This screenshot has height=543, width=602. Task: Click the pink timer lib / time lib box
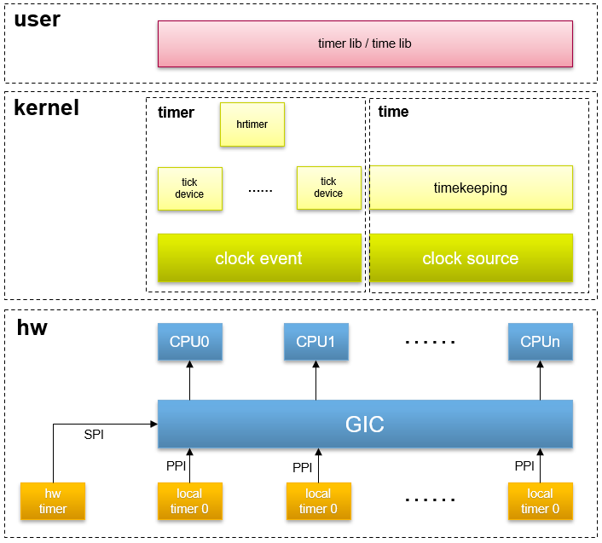point(364,43)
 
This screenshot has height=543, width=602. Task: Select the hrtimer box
point(252,124)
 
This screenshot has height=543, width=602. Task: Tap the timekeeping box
point(470,188)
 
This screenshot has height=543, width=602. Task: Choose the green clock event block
point(258,258)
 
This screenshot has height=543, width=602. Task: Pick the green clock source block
point(470,258)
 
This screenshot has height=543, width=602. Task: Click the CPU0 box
point(189,342)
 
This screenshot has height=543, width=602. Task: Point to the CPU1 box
point(315,342)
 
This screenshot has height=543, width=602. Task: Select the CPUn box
point(540,342)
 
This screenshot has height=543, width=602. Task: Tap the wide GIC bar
point(364,424)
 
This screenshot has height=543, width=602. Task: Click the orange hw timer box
point(53,501)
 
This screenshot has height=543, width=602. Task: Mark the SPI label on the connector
point(94,435)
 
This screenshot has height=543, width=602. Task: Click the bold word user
point(38,20)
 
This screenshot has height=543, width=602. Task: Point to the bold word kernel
point(46,108)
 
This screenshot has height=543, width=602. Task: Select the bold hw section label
point(32,328)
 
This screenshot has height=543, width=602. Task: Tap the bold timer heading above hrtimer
point(177,113)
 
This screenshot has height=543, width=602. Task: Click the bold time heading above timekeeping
point(393,112)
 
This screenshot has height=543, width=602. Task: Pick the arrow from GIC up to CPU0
point(189,380)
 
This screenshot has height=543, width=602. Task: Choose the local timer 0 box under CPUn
point(540,501)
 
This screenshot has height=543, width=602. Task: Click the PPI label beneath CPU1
point(302,467)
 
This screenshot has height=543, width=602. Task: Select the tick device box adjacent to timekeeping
point(328,188)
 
